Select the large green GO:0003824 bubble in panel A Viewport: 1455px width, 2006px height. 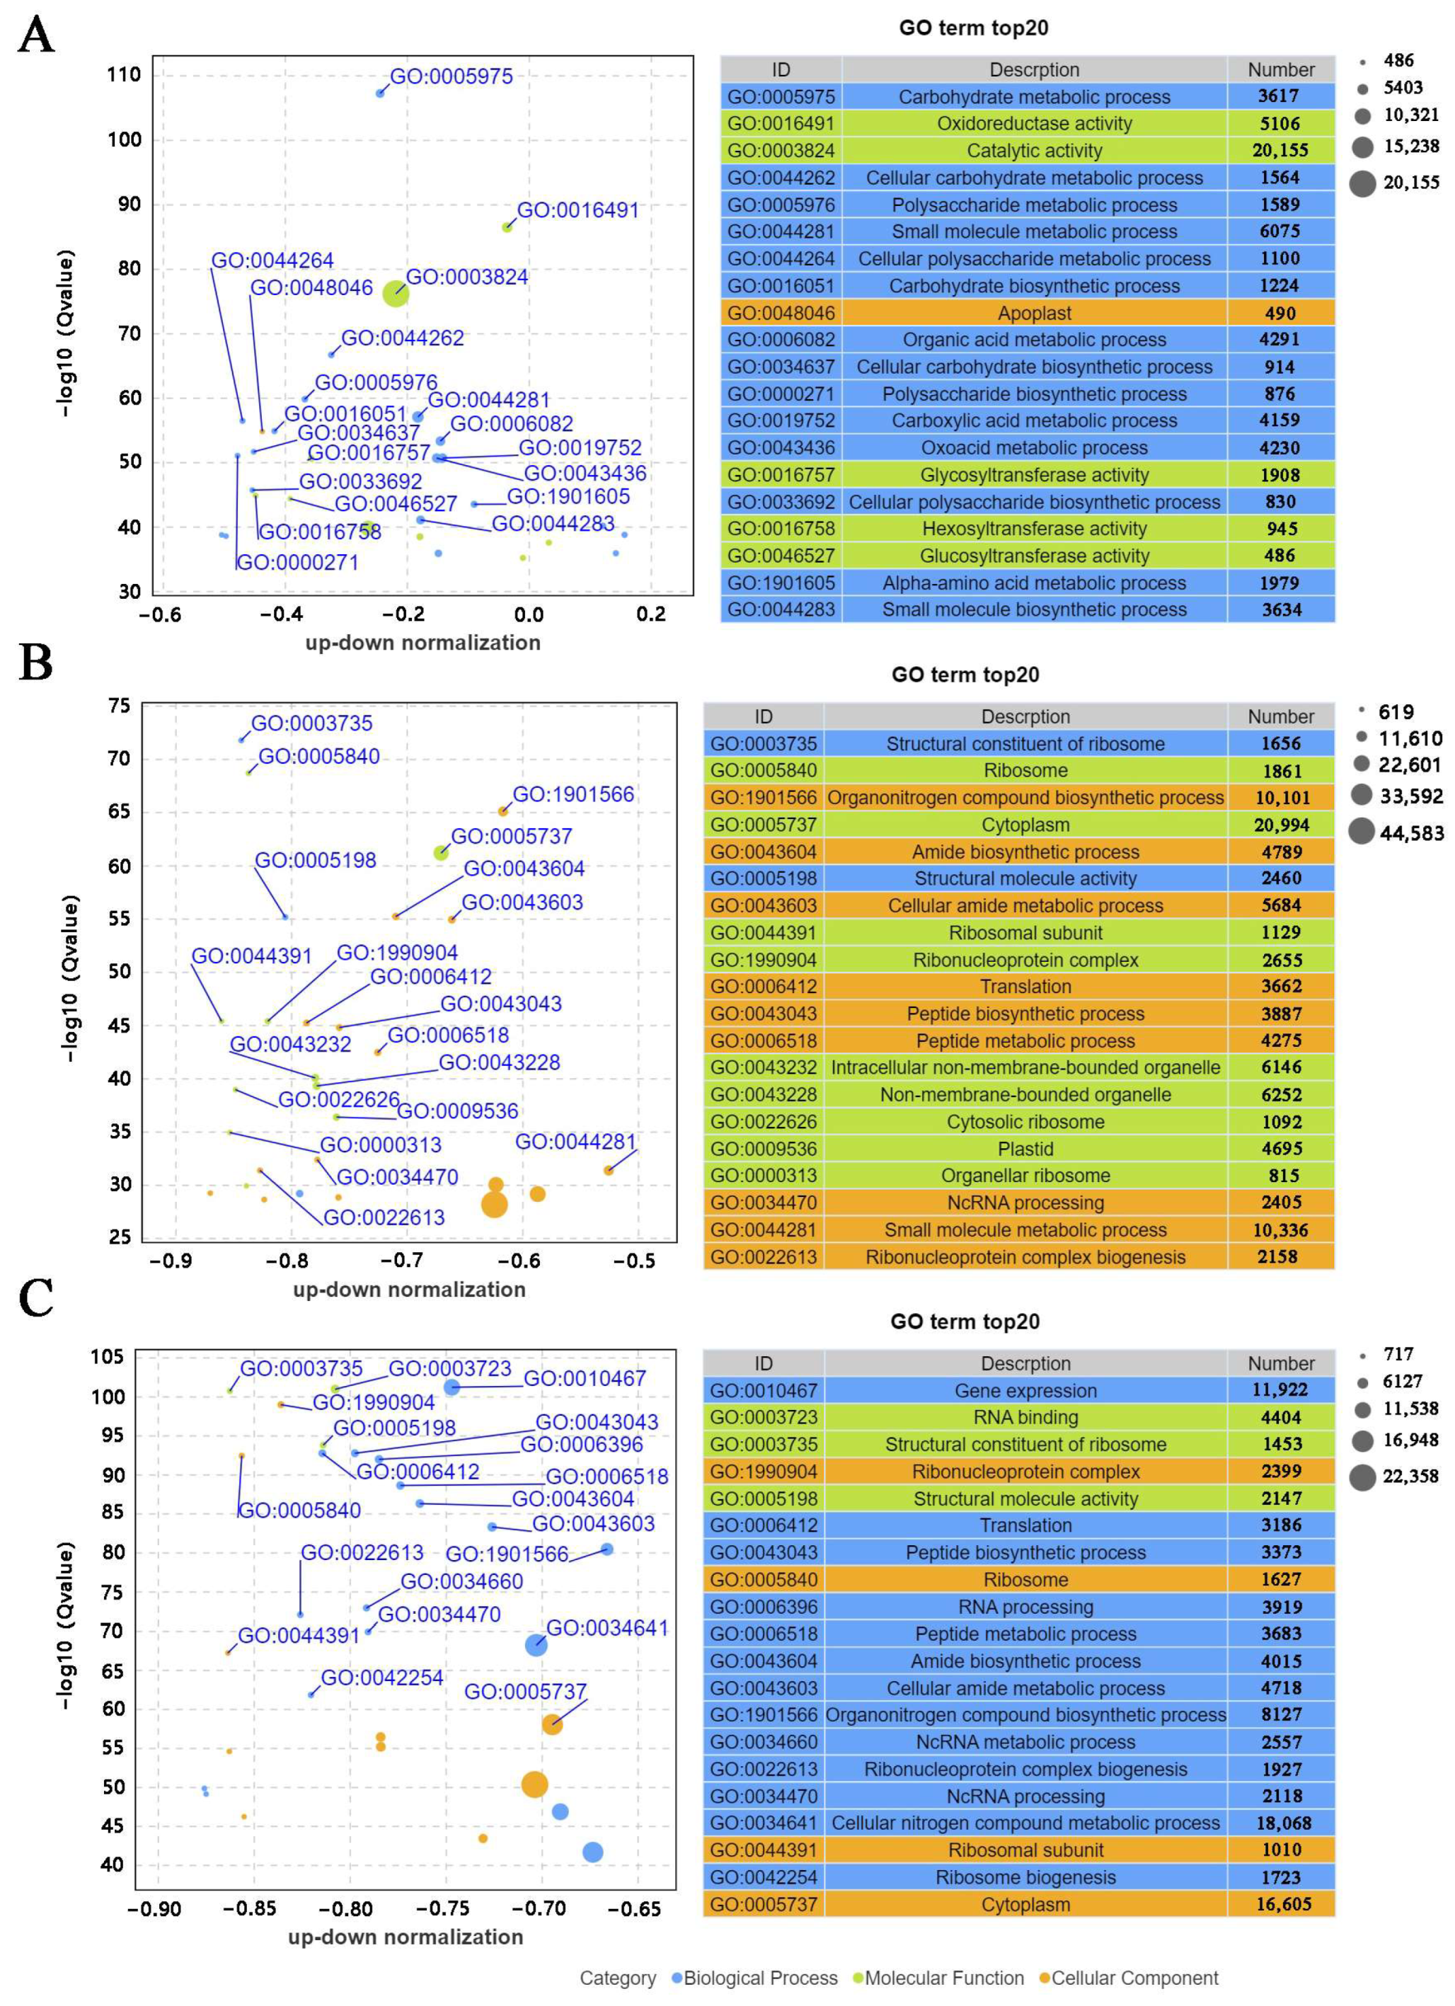pos(396,294)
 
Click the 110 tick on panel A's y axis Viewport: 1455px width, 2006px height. pos(124,75)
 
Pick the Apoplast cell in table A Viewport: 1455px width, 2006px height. pos(1033,313)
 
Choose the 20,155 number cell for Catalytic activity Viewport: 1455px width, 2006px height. pos(1280,150)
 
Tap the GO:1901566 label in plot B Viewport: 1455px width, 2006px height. pos(573,794)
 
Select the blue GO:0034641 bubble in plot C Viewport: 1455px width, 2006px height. pos(536,1645)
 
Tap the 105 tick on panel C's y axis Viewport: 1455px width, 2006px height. pos(107,1357)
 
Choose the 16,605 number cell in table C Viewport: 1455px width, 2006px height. pos(1280,1904)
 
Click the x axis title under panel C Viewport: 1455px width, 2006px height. pos(405,1937)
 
